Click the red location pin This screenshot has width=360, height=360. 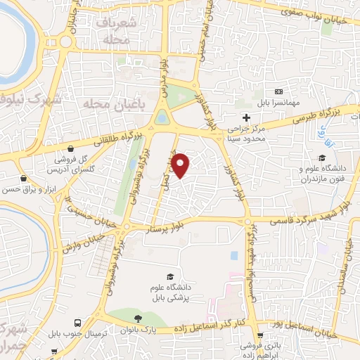point(181,165)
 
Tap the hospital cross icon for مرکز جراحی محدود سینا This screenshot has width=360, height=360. point(245,117)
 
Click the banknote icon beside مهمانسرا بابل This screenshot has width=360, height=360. point(279,92)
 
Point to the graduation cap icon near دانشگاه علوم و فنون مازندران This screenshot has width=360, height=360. point(321,157)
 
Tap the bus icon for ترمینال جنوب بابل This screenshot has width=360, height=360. point(77,324)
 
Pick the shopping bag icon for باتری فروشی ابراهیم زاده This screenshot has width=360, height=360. point(259,335)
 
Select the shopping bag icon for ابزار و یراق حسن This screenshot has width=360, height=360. point(24,179)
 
